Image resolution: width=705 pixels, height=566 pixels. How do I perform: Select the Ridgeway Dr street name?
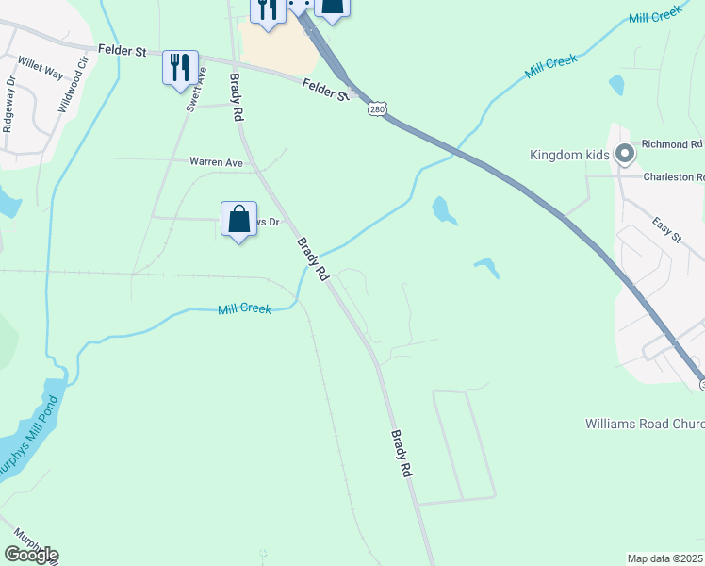tap(10, 114)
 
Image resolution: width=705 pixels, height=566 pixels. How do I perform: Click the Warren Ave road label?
tap(217, 162)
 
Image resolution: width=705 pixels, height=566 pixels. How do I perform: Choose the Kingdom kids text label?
tap(570, 155)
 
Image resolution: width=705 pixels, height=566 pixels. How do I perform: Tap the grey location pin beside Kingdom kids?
tap(624, 153)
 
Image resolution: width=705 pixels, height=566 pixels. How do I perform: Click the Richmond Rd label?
tap(672, 144)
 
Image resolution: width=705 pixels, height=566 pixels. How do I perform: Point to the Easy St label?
tap(666, 228)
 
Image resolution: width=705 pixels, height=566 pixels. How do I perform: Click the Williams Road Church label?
tap(644, 424)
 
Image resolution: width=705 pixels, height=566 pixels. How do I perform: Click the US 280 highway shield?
tap(376, 109)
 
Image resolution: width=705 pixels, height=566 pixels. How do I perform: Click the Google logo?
tap(31, 555)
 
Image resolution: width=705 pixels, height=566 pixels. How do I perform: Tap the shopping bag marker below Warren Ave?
tap(239, 219)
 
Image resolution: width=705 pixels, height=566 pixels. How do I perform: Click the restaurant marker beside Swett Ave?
tap(179, 67)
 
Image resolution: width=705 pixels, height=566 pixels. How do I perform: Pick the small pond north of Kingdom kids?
tap(616, 85)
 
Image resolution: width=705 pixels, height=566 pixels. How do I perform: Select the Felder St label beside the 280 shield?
tap(325, 91)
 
